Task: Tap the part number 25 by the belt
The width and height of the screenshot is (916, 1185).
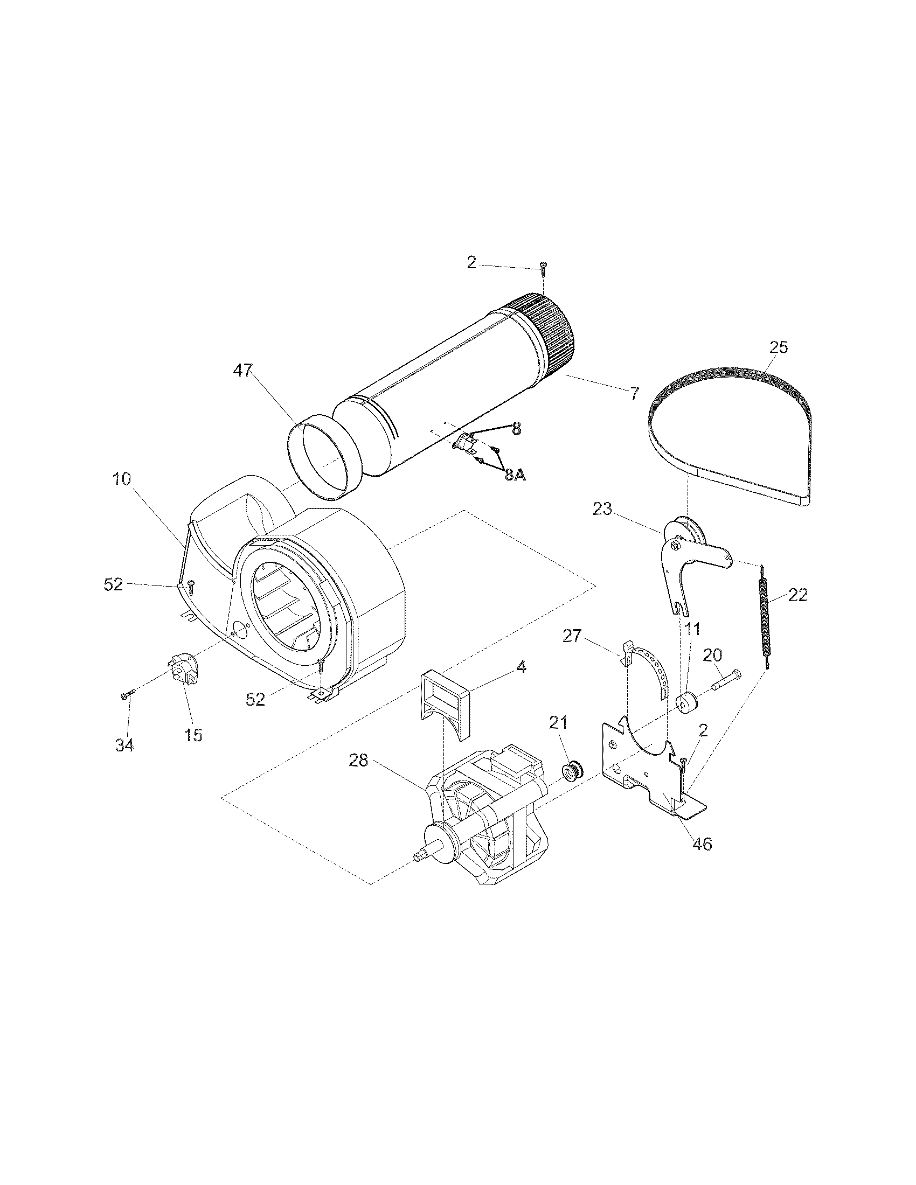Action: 778,347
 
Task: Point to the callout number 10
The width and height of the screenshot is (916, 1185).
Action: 122,479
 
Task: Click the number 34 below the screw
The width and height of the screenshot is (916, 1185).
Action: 124,745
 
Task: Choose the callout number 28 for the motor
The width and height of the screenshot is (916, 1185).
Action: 358,761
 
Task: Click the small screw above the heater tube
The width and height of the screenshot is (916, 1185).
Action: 543,266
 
